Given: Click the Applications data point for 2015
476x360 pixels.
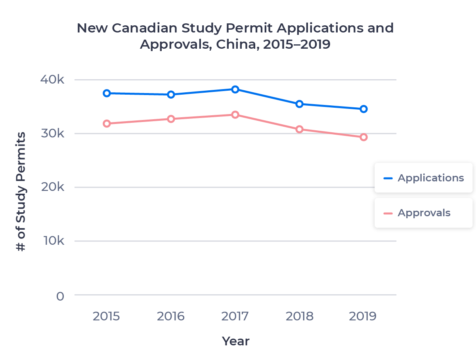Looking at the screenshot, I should click(107, 93).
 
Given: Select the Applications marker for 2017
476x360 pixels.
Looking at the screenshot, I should click(235, 89).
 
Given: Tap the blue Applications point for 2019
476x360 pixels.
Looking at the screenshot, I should click(363, 109).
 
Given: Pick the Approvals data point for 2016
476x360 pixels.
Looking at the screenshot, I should click(171, 119).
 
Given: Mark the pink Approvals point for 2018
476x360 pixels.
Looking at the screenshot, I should click(299, 129).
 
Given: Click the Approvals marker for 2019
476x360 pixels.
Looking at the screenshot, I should click(363, 137).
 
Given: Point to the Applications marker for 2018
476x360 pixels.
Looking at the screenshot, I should click(299, 104).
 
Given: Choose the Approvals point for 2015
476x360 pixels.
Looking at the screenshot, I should click(107, 124).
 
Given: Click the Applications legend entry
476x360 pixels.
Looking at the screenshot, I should click(423, 178).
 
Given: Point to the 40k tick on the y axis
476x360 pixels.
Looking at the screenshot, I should click(52, 80).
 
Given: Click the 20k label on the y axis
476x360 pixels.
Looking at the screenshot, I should click(52, 187).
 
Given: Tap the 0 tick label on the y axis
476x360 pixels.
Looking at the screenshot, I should click(60, 296).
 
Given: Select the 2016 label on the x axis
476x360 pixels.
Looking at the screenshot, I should click(171, 316).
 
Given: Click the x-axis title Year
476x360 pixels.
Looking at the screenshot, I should click(235, 341).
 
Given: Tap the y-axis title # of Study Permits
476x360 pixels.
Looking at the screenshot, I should click(21, 192).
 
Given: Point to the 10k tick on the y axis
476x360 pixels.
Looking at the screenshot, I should click(52, 241).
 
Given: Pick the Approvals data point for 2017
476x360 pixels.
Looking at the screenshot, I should click(235, 115).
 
